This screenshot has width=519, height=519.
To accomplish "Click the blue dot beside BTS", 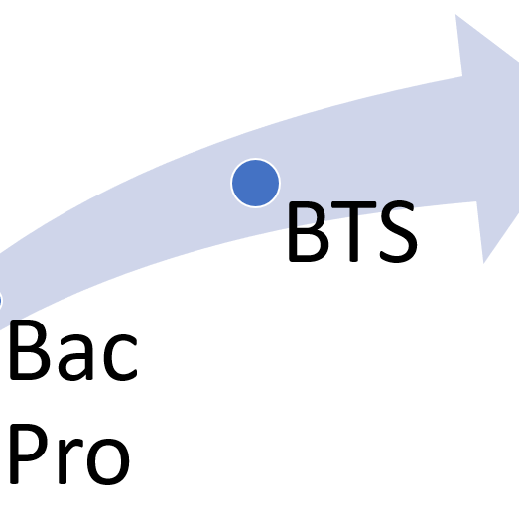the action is [255, 183].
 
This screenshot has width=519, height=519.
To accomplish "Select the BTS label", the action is [353, 231].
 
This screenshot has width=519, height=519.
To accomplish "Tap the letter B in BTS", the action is [309, 231].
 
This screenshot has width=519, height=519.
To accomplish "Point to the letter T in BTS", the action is [353, 231].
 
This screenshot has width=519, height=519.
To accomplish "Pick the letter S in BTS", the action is [399, 231].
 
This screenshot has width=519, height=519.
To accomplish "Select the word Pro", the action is [69, 454].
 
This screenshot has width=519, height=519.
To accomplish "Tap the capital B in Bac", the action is [30, 350].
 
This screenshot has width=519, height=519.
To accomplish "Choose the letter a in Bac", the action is [75, 358].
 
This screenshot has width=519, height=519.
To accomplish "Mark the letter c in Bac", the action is [120, 358].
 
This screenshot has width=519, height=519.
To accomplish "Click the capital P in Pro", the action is [29, 454].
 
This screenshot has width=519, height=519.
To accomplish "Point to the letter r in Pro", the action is [70, 461].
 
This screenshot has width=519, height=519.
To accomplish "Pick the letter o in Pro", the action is [108, 461].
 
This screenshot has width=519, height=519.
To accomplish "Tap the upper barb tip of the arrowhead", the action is [455, 14].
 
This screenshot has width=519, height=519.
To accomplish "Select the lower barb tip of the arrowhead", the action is [483, 264].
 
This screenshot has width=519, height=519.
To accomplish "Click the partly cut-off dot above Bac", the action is [1, 302].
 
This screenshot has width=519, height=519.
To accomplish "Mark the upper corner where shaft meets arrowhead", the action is [462, 76].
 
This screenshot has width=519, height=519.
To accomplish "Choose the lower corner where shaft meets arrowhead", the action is [476, 201].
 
